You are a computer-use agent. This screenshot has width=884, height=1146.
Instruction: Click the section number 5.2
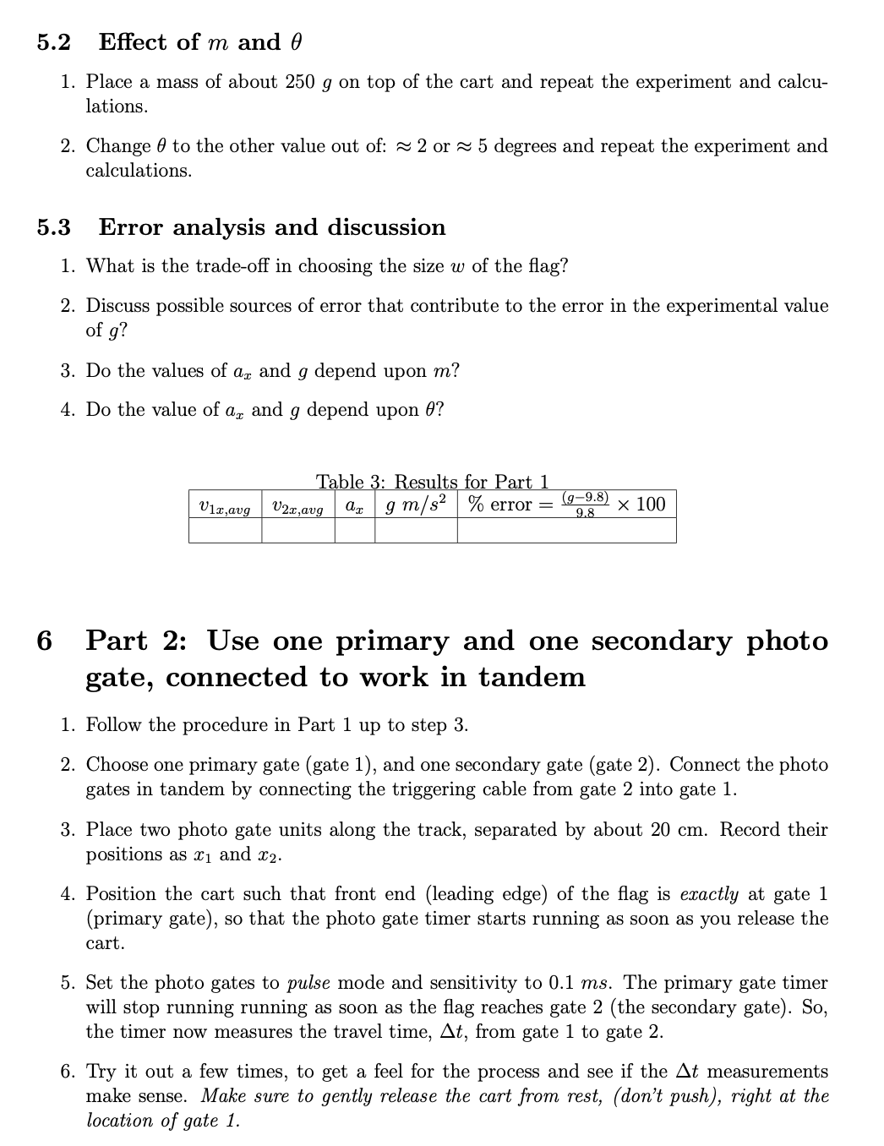(x=53, y=42)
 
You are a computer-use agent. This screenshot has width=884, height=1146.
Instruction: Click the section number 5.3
(x=53, y=227)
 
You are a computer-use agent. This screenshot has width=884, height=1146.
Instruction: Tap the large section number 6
(x=45, y=641)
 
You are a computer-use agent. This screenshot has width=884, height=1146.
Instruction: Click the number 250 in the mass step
(x=300, y=82)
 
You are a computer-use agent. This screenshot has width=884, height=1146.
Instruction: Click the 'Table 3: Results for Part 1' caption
(x=432, y=482)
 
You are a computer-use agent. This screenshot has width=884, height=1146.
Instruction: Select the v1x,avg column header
(x=224, y=506)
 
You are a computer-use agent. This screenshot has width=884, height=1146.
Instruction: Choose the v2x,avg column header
(x=297, y=506)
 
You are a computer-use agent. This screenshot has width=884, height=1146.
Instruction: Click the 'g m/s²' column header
(x=416, y=505)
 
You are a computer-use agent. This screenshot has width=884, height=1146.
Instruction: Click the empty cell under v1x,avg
(x=224, y=531)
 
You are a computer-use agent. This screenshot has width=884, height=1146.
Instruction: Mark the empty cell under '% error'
(x=566, y=531)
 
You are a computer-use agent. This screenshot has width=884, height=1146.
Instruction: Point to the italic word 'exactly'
(x=709, y=894)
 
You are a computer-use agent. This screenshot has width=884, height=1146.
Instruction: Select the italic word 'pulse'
(x=308, y=983)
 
